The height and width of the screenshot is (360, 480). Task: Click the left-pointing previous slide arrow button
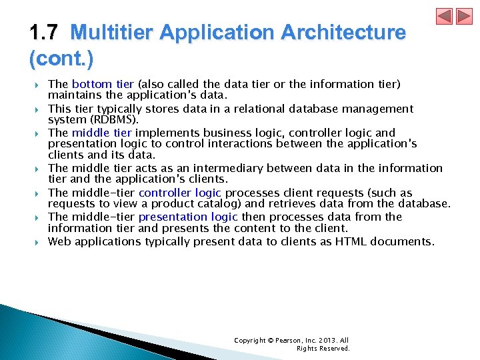[444, 16]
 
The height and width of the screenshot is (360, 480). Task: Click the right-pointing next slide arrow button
[464, 16]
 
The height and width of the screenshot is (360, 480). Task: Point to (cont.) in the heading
[61, 59]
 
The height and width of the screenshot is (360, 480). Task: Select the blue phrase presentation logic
[189, 217]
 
